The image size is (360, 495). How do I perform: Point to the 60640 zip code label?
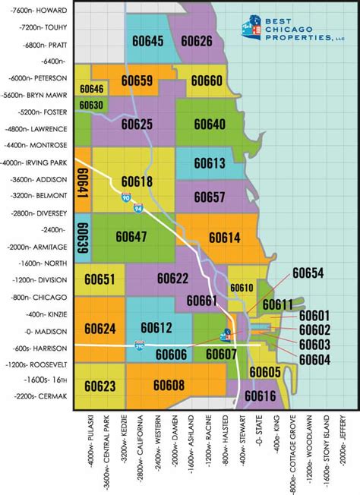209,124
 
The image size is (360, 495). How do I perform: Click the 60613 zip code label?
209,163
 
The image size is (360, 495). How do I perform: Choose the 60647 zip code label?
131,236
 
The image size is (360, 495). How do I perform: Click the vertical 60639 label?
83,238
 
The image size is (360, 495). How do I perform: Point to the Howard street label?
36,11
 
